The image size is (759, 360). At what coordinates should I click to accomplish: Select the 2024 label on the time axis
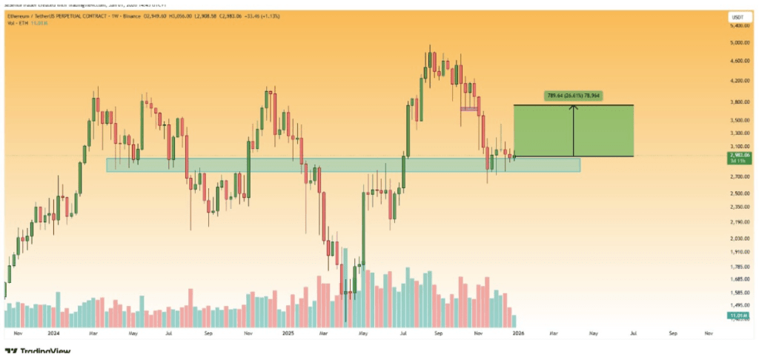[x=53, y=334]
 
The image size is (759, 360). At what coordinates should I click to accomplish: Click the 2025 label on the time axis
[x=289, y=334]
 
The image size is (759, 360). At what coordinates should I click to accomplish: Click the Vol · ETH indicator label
[x=16, y=23]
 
